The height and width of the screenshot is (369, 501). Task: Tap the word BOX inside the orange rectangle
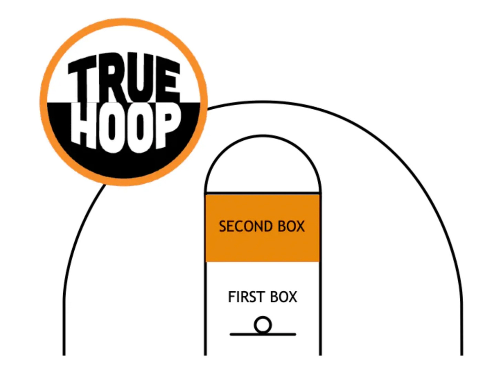pos(291,227)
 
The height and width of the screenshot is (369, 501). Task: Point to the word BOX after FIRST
pos(284,297)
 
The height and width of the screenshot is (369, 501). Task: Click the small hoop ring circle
pos(263,325)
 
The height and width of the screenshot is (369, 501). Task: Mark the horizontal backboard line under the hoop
pos(263,334)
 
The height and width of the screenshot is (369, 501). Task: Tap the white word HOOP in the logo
pos(126,127)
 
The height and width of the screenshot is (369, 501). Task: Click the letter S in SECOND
pos(223,227)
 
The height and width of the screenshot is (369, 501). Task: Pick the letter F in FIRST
pos(232,297)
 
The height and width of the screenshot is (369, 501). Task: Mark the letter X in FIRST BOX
pos(292,297)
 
